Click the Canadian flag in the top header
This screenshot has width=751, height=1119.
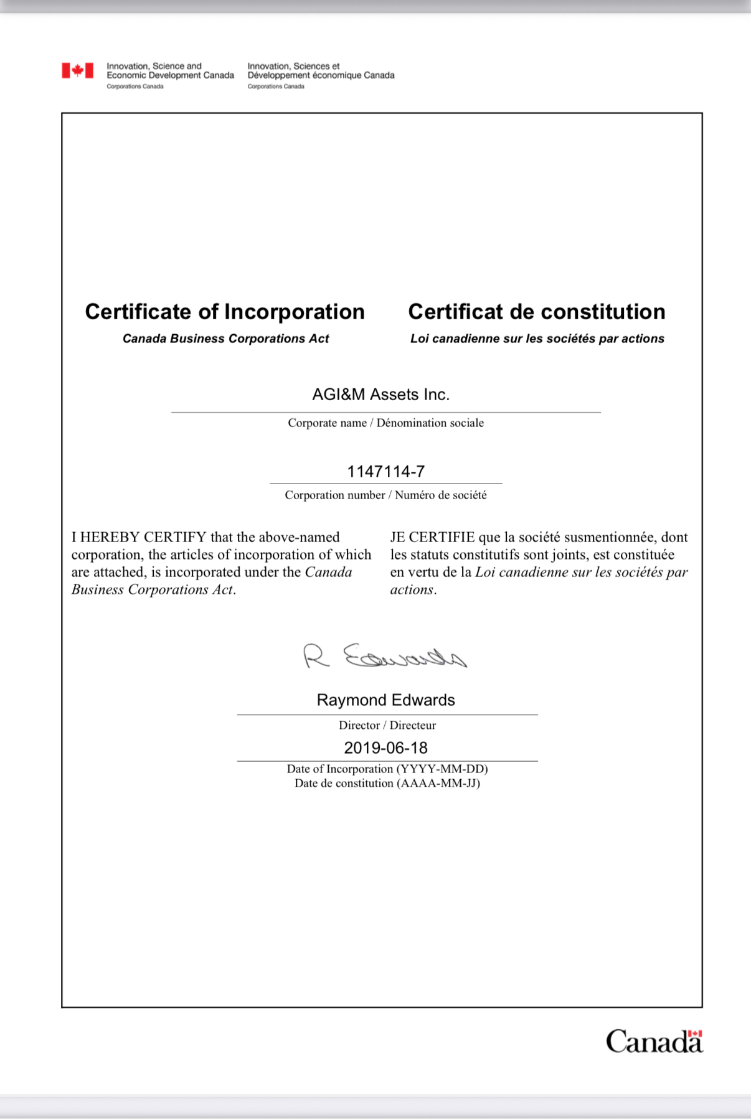[x=77, y=70]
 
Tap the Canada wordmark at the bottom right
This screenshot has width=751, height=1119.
[x=654, y=1041]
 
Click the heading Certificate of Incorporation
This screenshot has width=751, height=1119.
[x=225, y=312]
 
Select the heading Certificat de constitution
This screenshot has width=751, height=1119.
[x=536, y=312]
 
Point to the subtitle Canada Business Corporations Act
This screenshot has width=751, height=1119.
[x=225, y=339]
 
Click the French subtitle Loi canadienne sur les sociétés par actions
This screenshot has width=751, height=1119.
[x=537, y=339]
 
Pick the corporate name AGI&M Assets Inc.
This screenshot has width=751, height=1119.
[x=380, y=395]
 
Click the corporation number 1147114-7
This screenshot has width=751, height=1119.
[x=385, y=471]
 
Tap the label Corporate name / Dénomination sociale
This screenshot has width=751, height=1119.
[x=385, y=423]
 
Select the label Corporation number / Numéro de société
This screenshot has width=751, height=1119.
[x=385, y=495]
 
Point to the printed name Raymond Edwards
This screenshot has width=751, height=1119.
[x=385, y=700]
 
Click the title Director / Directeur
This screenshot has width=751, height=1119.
[x=387, y=725]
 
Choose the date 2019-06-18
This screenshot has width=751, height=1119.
[x=385, y=747]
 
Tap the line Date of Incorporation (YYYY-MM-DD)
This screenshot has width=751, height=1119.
[x=387, y=769]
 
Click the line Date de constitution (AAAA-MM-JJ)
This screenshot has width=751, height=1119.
[x=387, y=784]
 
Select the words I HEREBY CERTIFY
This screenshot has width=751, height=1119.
[x=138, y=537]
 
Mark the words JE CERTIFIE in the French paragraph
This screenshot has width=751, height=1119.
[x=432, y=537]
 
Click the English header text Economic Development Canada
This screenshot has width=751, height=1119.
[x=170, y=75]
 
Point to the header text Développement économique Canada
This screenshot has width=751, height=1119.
[x=321, y=75]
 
